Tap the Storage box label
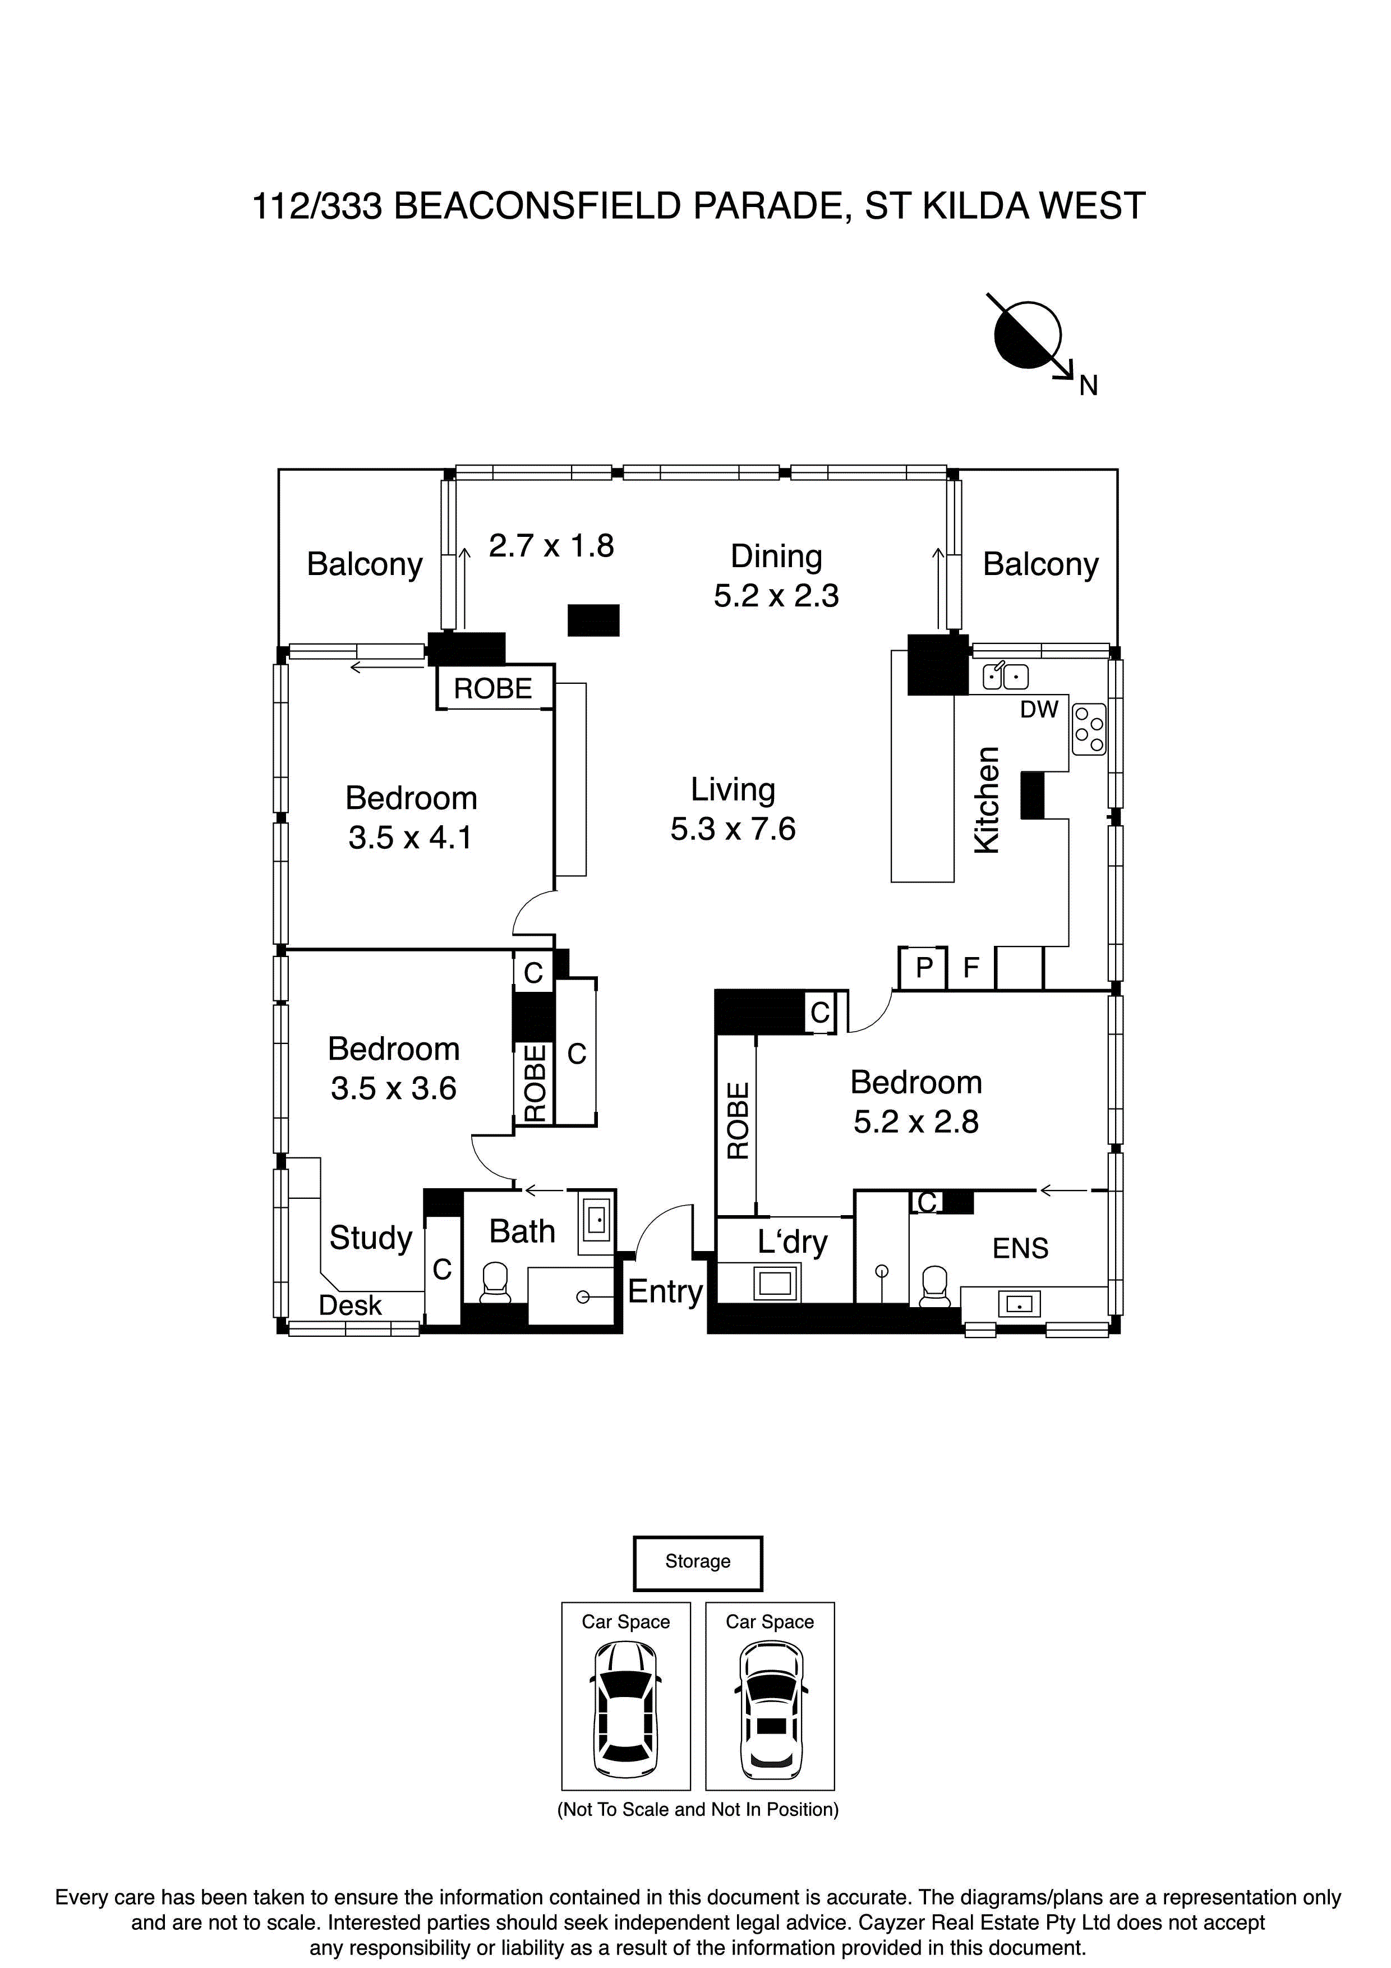[698, 1562]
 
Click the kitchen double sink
[1005, 676]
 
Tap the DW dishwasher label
[1039, 710]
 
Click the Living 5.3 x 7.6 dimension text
[733, 829]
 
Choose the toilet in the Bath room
[495, 1283]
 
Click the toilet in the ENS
[935, 1286]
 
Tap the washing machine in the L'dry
[775, 1283]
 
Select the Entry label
[665, 1291]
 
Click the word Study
[370, 1238]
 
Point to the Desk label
[349, 1304]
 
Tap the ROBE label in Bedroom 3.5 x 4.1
[493, 688]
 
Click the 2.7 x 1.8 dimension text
[551, 545]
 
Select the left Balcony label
[364, 564]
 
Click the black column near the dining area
[593, 620]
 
